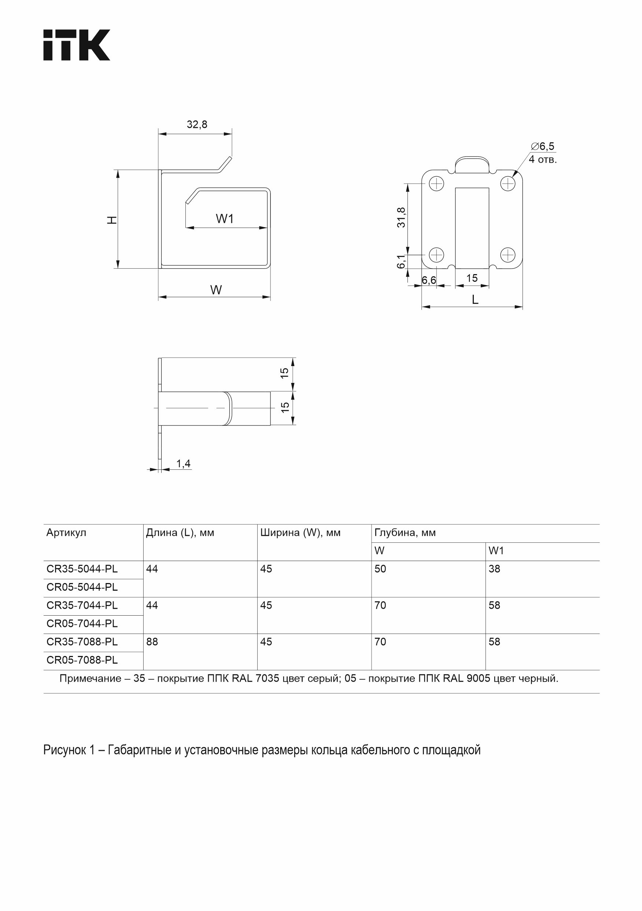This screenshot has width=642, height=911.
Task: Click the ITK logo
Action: [76, 45]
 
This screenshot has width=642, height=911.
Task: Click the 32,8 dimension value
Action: [197, 125]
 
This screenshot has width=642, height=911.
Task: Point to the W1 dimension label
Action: [225, 219]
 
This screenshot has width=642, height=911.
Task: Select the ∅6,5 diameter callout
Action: [543, 147]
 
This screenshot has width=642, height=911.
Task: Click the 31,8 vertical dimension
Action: [401, 217]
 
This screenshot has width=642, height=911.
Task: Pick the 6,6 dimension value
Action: [428, 281]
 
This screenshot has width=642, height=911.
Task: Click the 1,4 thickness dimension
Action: [183, 464]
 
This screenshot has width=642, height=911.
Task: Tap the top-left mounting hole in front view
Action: [436, 183]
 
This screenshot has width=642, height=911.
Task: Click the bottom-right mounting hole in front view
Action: [508, 254]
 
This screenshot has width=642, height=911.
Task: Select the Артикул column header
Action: [66, 532]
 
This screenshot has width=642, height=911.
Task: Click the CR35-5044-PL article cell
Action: [82, 569]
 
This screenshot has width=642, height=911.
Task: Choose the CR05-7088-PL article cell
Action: [82, 660]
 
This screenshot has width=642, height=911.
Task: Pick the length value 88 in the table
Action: [152, 642]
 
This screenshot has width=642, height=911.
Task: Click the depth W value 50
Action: [380, 569]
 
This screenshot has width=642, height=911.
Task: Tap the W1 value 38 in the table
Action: [494, 569]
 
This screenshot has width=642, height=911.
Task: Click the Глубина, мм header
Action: [405, 532]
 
